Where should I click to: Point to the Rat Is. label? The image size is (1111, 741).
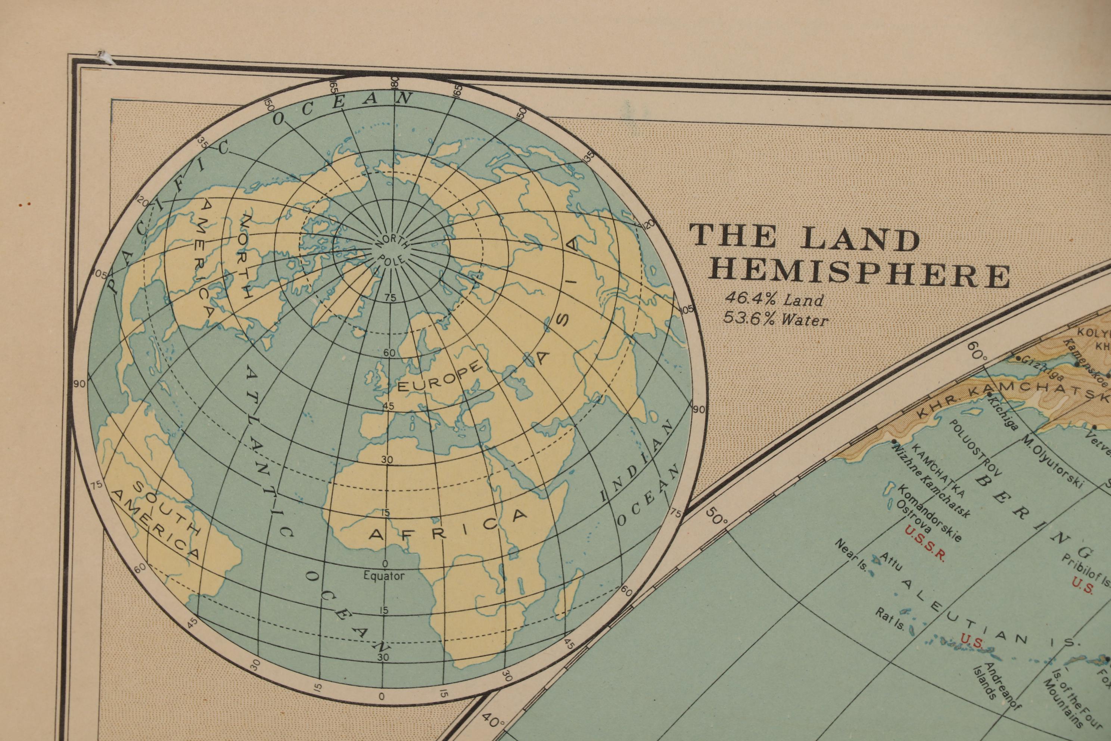890,618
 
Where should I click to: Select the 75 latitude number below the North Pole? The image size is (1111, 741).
390,297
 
